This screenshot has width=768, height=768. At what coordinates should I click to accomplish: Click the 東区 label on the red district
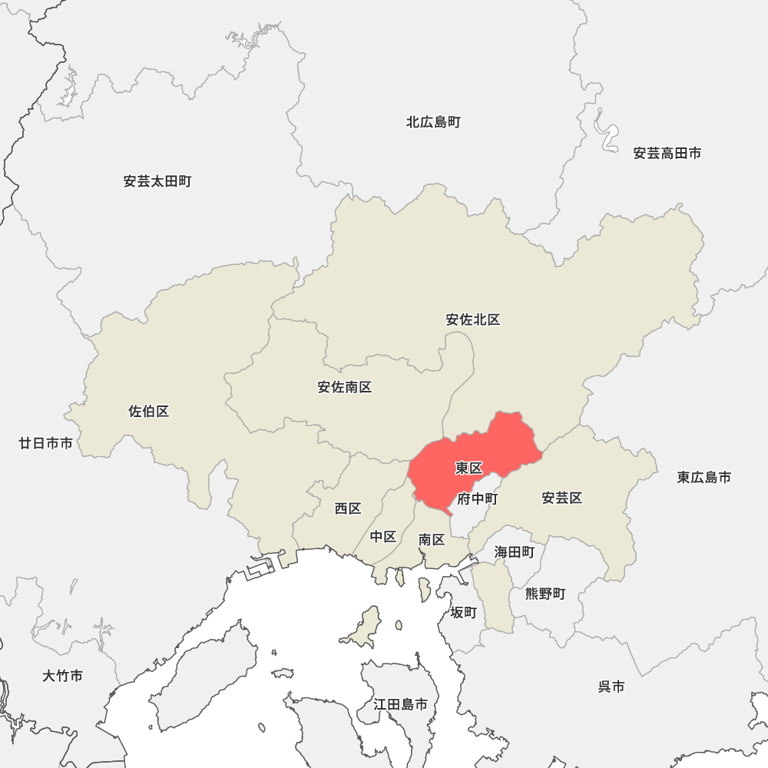[x=468, y=468]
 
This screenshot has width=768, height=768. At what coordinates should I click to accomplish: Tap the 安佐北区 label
[x=473, y=319]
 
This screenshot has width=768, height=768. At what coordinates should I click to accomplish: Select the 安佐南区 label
[x=345, y=387]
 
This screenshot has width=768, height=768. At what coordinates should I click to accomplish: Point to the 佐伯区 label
[x=149, y=412]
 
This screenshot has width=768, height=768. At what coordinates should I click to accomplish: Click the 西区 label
[x=348, y=508]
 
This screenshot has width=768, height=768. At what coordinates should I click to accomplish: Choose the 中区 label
[x=383, y=536]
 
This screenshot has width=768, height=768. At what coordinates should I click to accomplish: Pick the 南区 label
[x=432, y=540]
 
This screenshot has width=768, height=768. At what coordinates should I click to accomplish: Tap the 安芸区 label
[x=562, y=498]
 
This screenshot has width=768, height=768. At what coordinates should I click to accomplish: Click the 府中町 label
[x=478, y=499]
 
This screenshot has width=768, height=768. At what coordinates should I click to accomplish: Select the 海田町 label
[x=515, y=551]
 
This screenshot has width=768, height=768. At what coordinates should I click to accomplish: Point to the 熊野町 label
[x=545, y=594]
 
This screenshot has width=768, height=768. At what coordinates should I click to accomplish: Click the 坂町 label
[x=464, y=612]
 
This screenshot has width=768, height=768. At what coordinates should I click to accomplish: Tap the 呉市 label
[x=611, y=687]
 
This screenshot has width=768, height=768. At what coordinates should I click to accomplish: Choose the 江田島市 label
[x=401, y=703]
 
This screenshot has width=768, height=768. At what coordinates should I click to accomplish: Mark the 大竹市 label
[x=63, y=676]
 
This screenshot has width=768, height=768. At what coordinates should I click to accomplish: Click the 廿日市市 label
[x=46, y=443]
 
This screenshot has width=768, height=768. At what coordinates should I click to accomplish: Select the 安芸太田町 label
[x=157, y=182]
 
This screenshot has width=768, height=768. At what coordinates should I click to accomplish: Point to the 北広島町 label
[x=434, y=122]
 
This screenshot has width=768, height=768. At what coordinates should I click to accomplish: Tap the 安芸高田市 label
[x=667, y=154]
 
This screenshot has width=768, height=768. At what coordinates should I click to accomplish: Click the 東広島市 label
[x=704, y=477]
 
